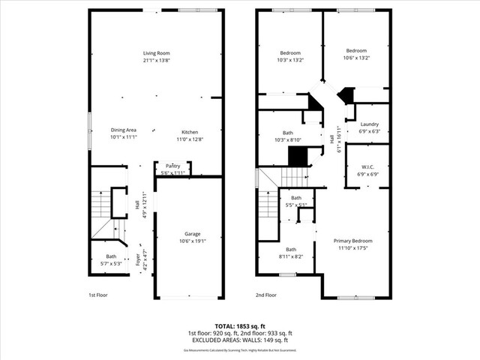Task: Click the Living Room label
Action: (157, 53)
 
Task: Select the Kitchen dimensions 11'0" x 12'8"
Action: (189, 139)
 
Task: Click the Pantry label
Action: (172, 166)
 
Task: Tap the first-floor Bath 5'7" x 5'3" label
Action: (111, 256)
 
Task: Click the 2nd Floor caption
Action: (265, 295)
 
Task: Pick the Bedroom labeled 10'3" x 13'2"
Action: (290, 52)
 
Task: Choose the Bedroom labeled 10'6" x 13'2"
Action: (356, 50)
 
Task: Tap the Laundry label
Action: (369, 124)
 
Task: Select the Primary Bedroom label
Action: (352, 241)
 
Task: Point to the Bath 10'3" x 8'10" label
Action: (287, 132)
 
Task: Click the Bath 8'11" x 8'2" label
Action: (291, 250)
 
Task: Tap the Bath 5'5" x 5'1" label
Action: (295, 197)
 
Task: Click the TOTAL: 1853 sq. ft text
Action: (239, 325)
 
